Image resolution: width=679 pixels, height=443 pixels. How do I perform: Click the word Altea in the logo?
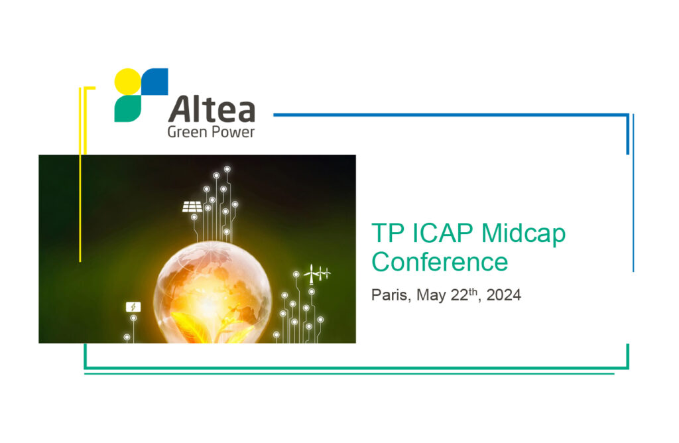coord(212,109)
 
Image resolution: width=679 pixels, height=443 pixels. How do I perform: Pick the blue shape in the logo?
coord(155,82)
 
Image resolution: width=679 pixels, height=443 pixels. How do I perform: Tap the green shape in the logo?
coord(127,109)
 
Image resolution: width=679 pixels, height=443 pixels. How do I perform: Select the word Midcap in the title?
coord(523,234)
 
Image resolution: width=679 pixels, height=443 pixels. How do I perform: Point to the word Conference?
coord(440,262)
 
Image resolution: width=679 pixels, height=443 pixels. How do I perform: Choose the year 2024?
coord(504,295)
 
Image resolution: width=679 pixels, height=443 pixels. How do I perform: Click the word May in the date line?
coord(431,296)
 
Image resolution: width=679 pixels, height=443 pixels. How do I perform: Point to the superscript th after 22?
coord(473,291)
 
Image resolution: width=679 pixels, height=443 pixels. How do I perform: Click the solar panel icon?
coord(192,206)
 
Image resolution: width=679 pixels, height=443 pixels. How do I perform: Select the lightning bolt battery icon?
coord(133,307)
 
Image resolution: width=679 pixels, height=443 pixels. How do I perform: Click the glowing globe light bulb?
coord(213,292)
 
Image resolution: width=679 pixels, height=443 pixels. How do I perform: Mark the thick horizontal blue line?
coord(451,115)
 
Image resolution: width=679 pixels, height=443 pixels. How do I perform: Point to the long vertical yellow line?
coord(80,174)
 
